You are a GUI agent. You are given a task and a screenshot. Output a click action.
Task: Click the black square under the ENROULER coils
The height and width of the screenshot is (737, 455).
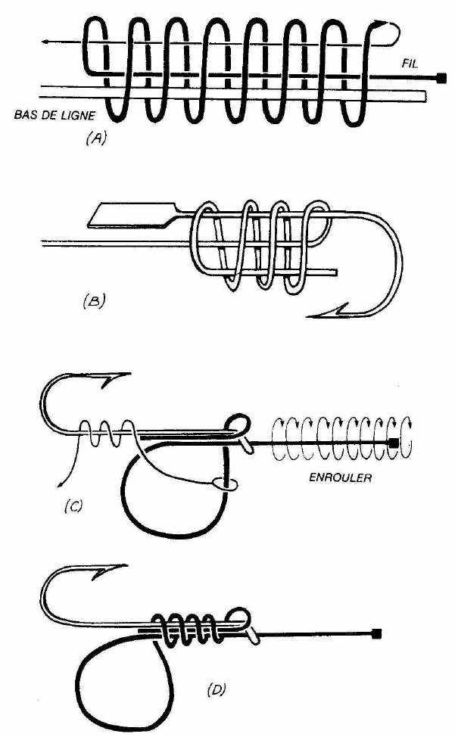point(394,442)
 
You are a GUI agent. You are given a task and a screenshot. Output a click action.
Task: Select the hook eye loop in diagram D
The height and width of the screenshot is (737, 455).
point(242,614)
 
